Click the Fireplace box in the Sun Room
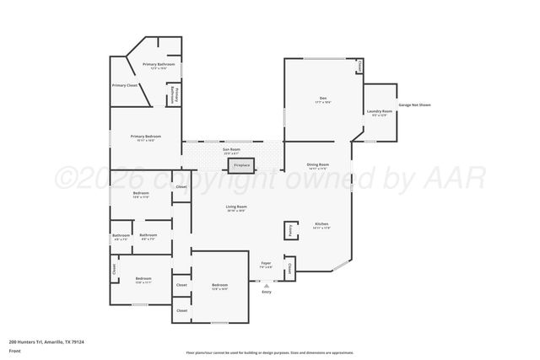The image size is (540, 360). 241,165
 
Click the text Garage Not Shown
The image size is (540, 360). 414,105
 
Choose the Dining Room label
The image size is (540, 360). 317,165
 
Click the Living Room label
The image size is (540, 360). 235,207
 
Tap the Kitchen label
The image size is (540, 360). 321,224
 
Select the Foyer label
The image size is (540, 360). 266,265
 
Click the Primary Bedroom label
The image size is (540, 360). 146,137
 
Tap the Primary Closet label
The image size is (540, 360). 125,85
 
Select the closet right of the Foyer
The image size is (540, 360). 290,270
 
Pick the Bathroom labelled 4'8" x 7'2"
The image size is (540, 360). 121,237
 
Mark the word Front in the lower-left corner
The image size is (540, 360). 14,350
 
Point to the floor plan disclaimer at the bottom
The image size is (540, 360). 269,352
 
